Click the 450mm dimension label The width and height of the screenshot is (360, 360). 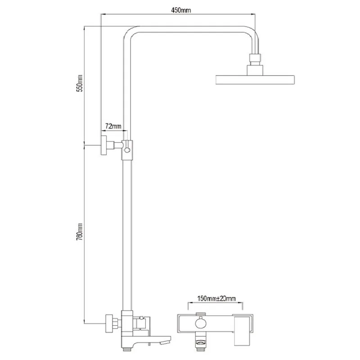pyautogui.click(x=181, y=10)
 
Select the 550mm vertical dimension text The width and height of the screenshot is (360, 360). pyautogui.click(x=80, y=83)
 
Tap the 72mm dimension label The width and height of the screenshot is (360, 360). pyautogui.click(x=113, y=126)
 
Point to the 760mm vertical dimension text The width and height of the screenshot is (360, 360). pyautogui.click(x=80, y=232)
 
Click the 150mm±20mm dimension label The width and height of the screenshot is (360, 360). pyautogui.click(x=216, y=298)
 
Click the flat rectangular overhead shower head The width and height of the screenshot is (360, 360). pyautogui.click(x=255, y=80)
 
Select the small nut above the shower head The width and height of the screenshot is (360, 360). pyautogui.click(x=255, y=59)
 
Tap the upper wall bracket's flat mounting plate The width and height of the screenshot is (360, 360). pyautogui.click(x=104, y=145)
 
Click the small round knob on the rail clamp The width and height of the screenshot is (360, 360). pyautogui.click(x=127, y=150)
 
